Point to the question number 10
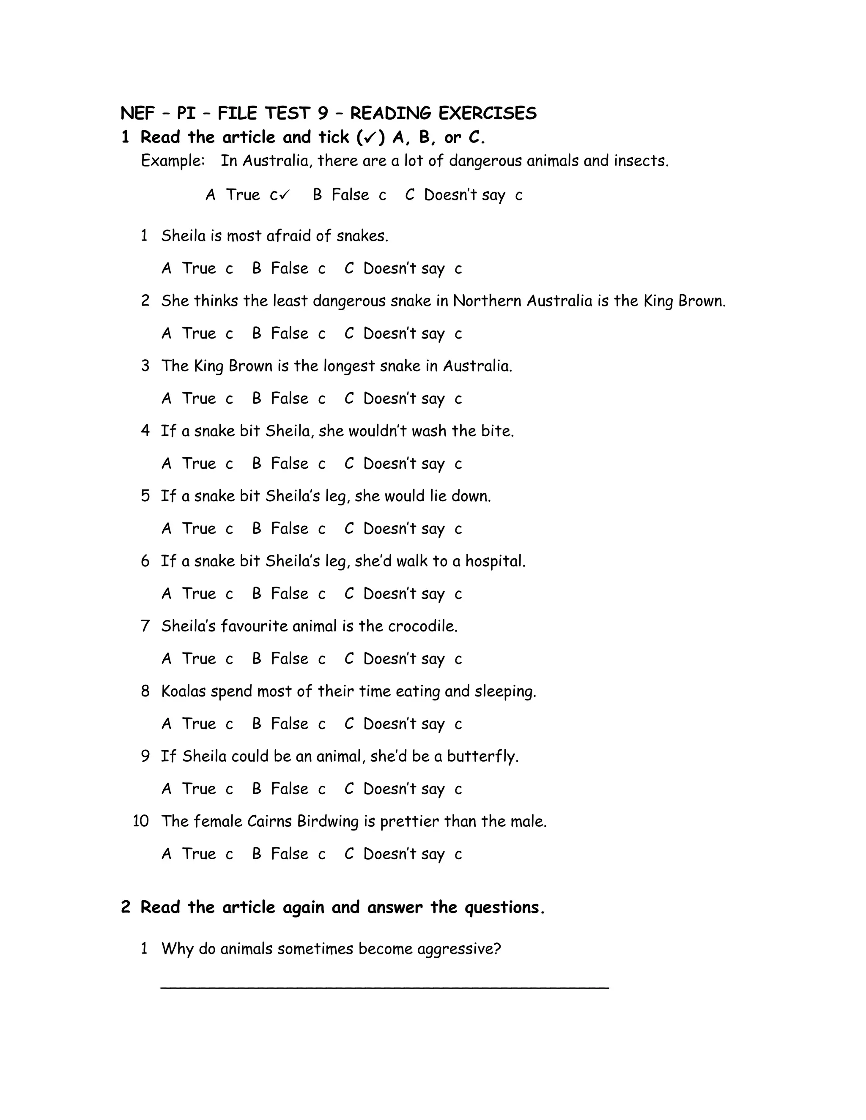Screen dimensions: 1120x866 [x=140, y=821]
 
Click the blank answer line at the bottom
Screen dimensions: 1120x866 [x=385, y=987]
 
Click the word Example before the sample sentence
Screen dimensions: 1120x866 [x=173, y=161]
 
